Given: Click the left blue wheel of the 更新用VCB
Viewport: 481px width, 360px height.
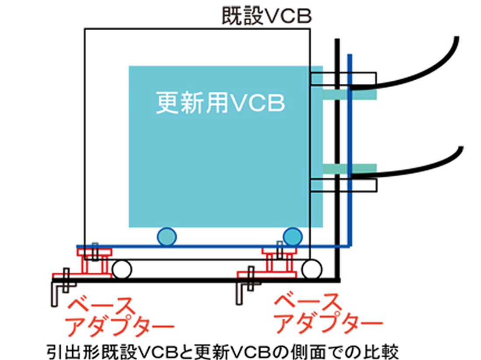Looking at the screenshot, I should tap(166, 237).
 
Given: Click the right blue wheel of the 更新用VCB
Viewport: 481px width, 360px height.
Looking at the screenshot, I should tap(292, 237).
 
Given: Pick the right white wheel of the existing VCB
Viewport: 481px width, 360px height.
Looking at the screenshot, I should tap(311, 269).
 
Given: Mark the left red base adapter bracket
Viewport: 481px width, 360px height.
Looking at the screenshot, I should tap(94, 262).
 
